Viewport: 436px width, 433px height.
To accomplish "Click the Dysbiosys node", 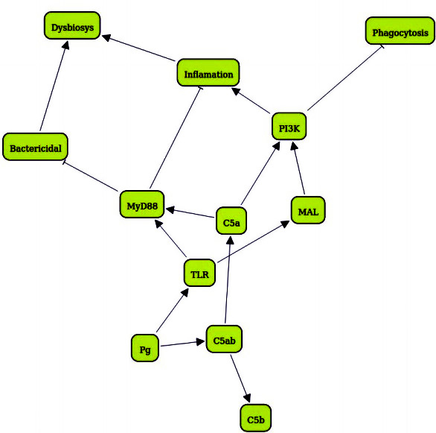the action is click(x=72, y=25).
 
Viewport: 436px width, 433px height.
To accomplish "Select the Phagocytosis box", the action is click(x=400, y=31).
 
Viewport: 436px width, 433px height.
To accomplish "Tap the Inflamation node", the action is click(x=208, y=72).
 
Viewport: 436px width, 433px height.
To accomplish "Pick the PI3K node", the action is click(x=289, y=126).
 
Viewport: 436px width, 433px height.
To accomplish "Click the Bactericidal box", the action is click(x=35, y=147).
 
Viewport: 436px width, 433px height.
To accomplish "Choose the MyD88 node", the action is click(x=142, y=204).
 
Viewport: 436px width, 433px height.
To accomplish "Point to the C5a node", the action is click(x=231, y=221).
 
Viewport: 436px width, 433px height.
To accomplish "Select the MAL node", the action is click(x=308, y=210).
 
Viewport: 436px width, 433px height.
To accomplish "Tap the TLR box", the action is click(x=199, y=273).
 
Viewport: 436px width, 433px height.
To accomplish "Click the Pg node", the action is click(x=145, y=348).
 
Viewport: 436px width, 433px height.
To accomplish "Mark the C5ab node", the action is click(x=224, y=339).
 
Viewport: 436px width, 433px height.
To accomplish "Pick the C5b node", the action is click(x=255, y=418).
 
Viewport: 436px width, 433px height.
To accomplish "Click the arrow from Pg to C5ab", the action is click(x=182, y=344).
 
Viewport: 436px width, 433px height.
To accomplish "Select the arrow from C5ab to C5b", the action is click(x=240, y=379).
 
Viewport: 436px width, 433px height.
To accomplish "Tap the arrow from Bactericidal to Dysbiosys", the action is click(x=54, y=86).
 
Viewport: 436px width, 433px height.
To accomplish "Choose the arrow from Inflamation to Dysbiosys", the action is click(x=138, y=48).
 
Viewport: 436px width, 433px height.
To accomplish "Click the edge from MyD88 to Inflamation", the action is click(x=176, y=138).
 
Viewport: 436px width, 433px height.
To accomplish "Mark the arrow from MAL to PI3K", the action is click(x=298, y=168).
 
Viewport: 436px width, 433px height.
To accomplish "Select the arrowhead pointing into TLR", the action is click(x=185, y=293).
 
